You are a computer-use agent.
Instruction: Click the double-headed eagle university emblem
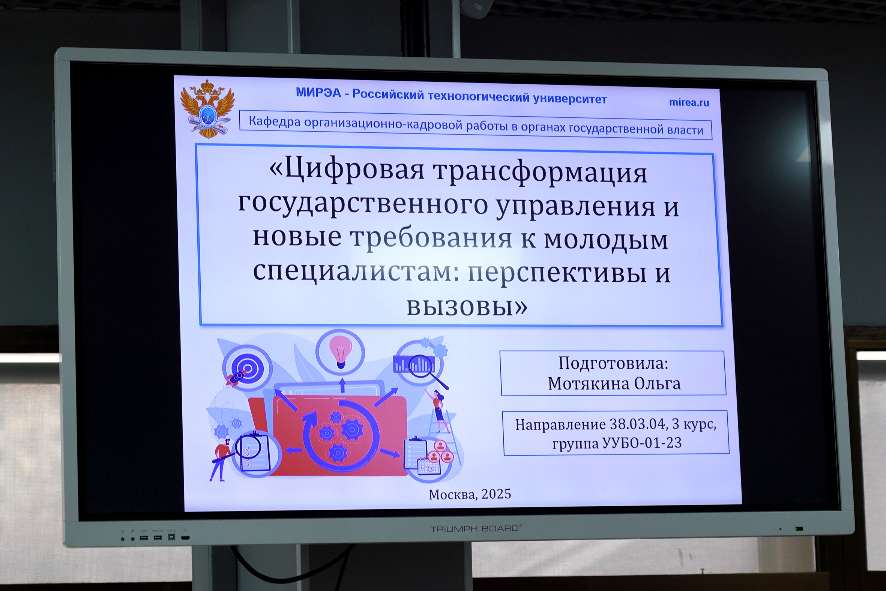click(207, 108)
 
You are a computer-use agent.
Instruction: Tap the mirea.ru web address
click(689, 102)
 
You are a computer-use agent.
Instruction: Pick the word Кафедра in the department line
click(275, 121)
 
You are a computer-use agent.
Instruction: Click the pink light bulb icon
click(341, 351)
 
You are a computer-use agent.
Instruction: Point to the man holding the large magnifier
click(222, 459)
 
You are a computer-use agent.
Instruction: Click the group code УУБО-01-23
click(642, 443)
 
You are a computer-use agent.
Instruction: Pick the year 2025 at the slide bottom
click(496, 494)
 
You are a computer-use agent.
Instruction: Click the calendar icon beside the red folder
click(429, 466)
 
